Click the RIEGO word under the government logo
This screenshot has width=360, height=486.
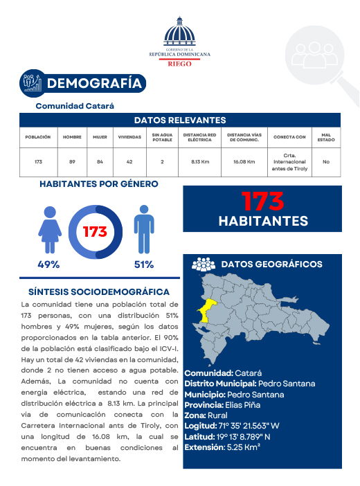(x=179, y=62)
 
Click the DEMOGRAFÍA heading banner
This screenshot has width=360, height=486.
(x=94, y=84)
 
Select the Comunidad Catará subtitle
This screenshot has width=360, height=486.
(x=75, y=106)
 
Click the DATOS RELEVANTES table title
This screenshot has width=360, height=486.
(x=179, y=120)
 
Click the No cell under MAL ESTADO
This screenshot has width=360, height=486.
(x=325, y=162)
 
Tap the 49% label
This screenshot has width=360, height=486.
(x=48, y=264)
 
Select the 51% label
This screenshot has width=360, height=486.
(x=144, y=264)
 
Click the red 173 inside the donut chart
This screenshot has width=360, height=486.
(x=95, y=232)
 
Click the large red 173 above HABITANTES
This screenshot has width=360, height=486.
(x=262, y=201)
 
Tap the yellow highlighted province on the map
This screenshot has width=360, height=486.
(x=207, y=309)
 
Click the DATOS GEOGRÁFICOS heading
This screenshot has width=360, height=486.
(x=271, y=264)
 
